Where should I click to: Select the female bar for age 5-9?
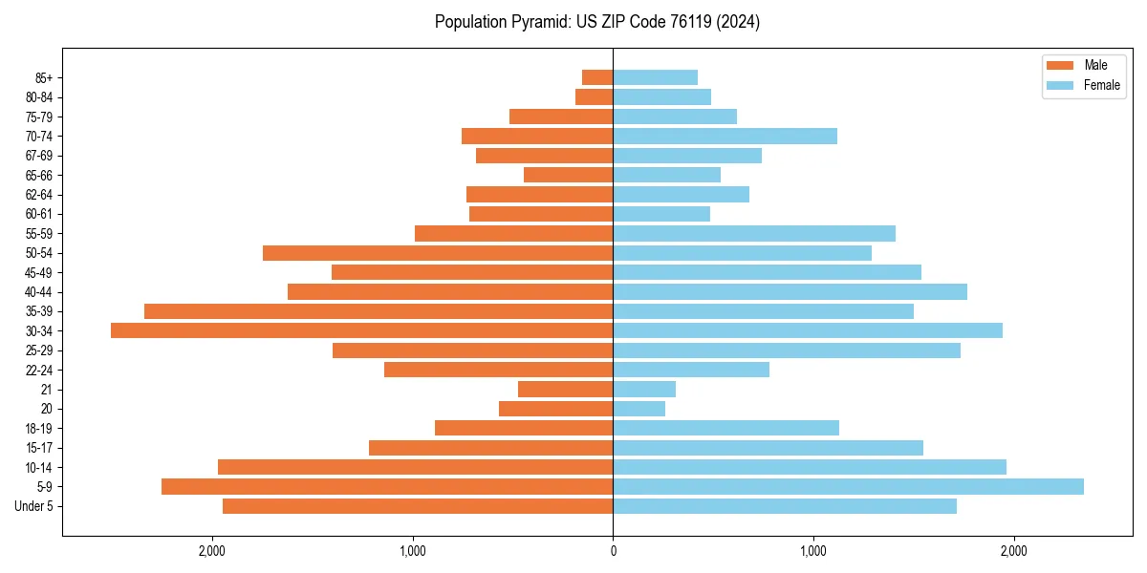pyautogui.click(x=848, y=486)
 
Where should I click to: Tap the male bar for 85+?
pyautogui.click(x=597, y=77)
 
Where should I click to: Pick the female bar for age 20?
pyautogui.click(x=638, y=409)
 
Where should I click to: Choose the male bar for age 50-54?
pyautogui.click(x=438, y=253)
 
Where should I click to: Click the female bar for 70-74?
pyautogui.click(x=725, y=136)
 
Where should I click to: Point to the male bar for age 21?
pyautogui.click(x=565, y=389)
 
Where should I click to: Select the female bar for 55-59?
pyautogui.click(x=754, y=233)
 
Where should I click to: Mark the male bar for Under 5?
pyautogui.click(x=418, y=506)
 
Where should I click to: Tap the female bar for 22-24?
pyautogui.click(x=691, y=370)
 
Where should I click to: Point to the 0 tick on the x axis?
pyautogui.click(x=613, y=551)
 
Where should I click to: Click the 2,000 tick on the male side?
pyautogui.click(x=211, y=551)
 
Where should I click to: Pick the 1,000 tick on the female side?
pyautogui.click(x=813, y=551)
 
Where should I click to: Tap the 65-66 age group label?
pyautogui.click(x=39, y=175)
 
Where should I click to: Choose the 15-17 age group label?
pyautogui.click(x=39, y=448)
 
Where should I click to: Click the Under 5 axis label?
pyautogui.click(x=34, y=506)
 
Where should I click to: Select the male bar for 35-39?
pyautogui.click(x=379, y=311)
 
